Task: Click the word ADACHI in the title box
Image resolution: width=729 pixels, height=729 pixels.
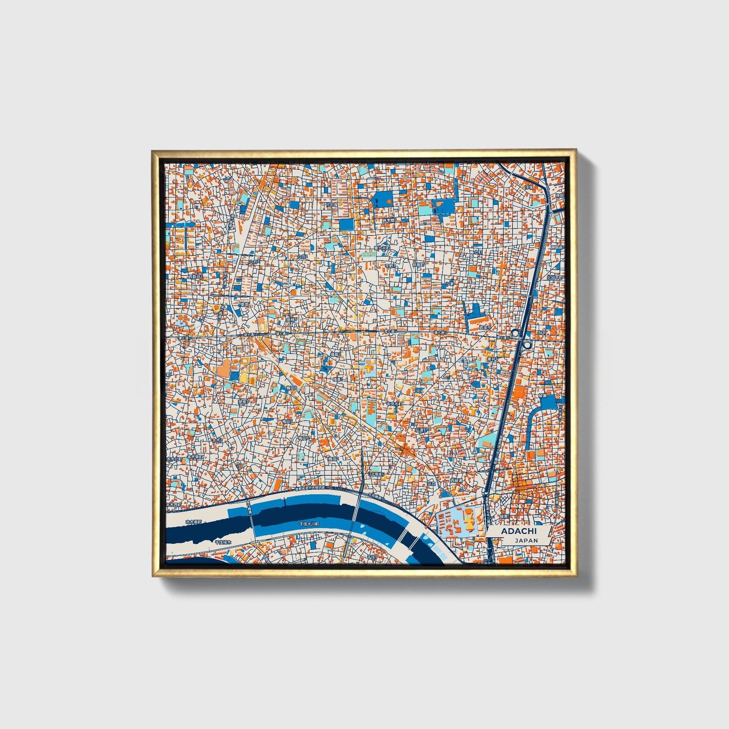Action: tap(518, 531)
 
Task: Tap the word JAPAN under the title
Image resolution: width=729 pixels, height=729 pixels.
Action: tap(526, 540)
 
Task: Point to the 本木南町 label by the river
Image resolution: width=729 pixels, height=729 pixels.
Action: tap(193, 523)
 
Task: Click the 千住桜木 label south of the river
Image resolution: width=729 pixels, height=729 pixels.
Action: tap(222, 542)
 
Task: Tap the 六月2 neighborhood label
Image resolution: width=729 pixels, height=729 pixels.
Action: tap(302, 256)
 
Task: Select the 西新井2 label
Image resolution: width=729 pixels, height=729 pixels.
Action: tap(195, 277)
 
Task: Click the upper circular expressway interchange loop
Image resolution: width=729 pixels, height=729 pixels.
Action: tap(515, 333)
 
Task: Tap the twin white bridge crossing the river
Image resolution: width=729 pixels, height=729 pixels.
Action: tap(408, 541)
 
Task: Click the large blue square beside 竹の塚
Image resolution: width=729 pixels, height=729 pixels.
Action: tap(347, 225)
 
